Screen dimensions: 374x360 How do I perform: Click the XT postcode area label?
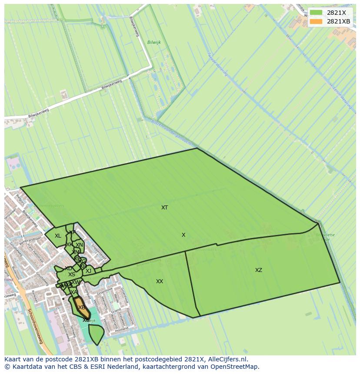[x=164, y=208]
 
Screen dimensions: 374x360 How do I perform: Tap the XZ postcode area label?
[x=259, y=270]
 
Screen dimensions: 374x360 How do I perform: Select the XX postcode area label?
[x=160, y=281]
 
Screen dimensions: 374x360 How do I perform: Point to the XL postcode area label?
[x=58, y=236]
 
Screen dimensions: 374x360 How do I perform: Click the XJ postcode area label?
[x=88, y=271]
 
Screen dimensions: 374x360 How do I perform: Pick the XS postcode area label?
[x=71, y=275]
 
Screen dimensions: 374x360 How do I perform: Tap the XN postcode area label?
[x=79, y=245]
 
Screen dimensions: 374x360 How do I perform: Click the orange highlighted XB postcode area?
[x=81, y=307]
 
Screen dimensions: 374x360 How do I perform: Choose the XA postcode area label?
[x=74, y=292]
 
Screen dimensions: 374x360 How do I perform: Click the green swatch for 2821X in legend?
[x=316, y=13]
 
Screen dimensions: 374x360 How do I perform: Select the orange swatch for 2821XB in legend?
[x=316, y=21]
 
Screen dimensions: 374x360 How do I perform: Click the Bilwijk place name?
[x=154, y=43]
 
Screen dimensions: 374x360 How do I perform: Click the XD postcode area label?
[x=68, y=268]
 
